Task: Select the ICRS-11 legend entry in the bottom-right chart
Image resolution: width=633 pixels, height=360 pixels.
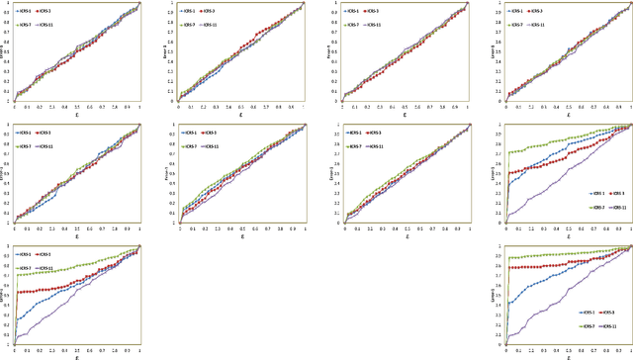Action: pyautogui.click(x=619, y=324)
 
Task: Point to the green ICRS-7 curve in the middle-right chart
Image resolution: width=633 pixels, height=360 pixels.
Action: pyautogui.click(x=554, y=144)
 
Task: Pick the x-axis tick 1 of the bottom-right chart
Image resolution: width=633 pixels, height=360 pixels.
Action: pyautogui.click(x=630, y=350)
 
